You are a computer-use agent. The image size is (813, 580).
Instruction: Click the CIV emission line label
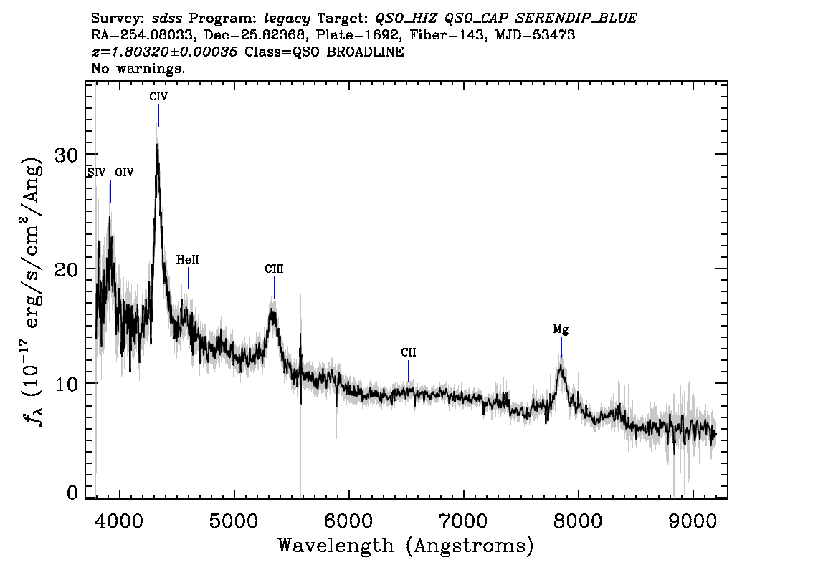click(x=158, y=97)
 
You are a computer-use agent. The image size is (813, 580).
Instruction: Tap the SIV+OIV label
click(x=110, y=173)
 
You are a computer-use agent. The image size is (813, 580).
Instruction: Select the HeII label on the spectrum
click(x=187, y=259)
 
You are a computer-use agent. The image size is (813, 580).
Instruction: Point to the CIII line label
click(x=274, y=269)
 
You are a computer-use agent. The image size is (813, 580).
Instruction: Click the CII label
click(x=409, y=353)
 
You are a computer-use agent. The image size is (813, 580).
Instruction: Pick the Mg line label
click(x=561, y=329)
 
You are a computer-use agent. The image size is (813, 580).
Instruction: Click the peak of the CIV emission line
click(x=156, y=145)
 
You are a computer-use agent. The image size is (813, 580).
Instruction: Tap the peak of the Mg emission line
click(x=561, y=367)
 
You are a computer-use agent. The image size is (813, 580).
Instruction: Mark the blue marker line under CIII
click(x=275, y=288)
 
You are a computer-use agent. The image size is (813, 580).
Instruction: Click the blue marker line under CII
click(x=409, y=372)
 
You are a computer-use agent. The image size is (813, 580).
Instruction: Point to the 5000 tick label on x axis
click(x=234, y=521)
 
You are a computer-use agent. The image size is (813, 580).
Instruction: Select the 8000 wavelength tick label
click(x=578, y=521)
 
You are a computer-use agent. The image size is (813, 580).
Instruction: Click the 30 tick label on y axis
click(x=67, y=155)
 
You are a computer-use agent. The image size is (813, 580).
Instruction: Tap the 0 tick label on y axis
click(x=72, y=493)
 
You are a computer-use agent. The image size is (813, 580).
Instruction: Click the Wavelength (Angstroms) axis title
click(x=406, y=546)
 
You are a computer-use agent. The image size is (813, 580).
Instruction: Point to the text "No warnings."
click(x=138, y=68)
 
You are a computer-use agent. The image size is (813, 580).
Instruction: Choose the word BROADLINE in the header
click(x=365, y=52)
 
